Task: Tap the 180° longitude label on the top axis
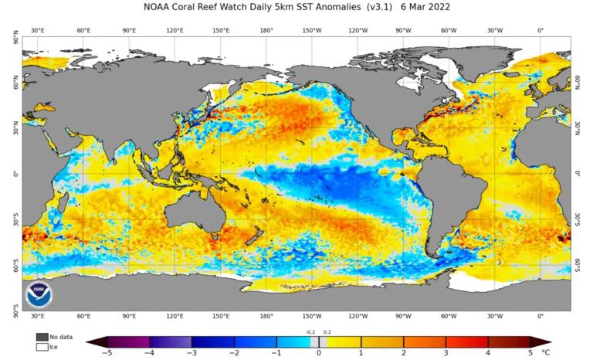266,30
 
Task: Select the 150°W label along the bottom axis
312,316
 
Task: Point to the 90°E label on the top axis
129,30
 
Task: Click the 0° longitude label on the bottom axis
540,316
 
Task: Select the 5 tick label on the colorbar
530,352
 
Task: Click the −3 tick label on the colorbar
191,352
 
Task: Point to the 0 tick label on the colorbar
318,352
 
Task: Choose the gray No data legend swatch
42,337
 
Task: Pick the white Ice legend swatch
42,347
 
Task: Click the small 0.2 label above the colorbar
327,331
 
